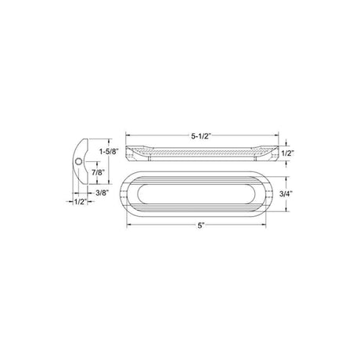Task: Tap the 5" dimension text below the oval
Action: (x=201, y=227)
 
